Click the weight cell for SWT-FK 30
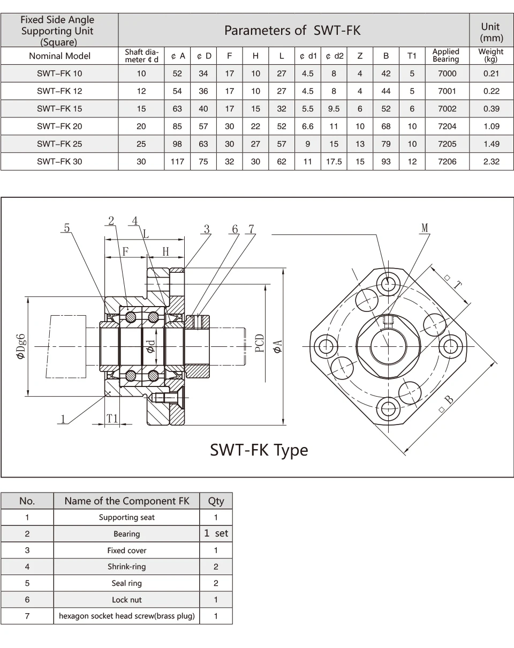(491, 162)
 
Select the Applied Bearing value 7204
(447, 126)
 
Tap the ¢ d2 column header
(334, 56)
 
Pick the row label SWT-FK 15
(59, 109)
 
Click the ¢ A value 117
(177, 162)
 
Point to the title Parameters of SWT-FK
(292, 31)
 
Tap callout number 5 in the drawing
(67, 228)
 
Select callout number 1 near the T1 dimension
(63, 419)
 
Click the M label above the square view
(425, 228)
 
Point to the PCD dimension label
(259, 343)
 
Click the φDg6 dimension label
(21, 346)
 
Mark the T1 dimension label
(112, 419)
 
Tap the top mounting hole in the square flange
(388, 284)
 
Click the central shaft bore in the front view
(388, 346)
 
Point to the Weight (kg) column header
(491, 55)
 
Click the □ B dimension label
(446, 404)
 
